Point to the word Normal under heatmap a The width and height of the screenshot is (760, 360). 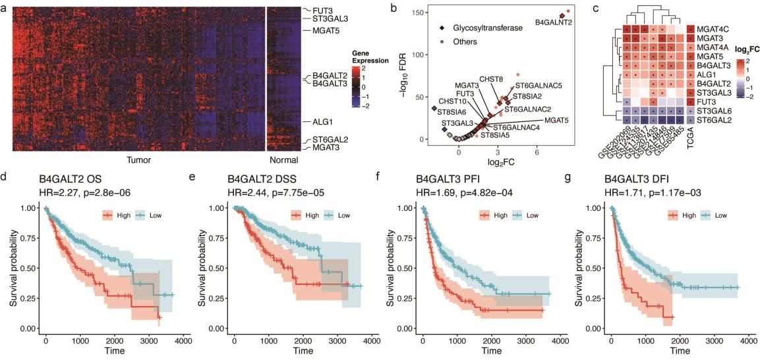click(283, 160)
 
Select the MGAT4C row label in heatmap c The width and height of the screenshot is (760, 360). click(715, 28)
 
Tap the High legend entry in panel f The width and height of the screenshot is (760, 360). click(496, 215)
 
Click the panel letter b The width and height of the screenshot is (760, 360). click(394, 9)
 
